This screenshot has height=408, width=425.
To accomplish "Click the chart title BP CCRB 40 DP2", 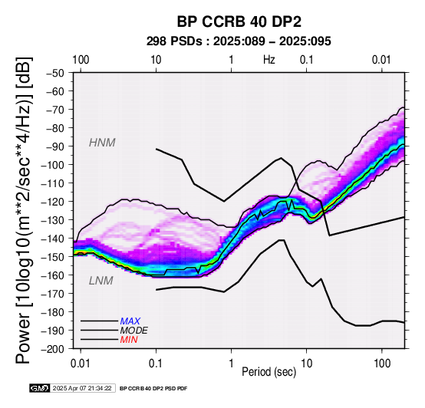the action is [x=239, y=21].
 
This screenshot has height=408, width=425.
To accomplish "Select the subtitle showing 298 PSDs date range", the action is [x=239, y=41].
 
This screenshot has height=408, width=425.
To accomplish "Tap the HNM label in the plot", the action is [x=102, y=143].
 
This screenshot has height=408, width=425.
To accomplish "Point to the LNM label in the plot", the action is [x=101, y=281].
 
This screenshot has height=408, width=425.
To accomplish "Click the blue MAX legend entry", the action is [x=130, y=321].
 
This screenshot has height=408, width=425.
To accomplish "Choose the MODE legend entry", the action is [x=134, y=331].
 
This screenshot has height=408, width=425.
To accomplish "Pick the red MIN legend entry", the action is [x=129, y=340].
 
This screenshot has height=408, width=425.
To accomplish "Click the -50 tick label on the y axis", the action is [x=54, y=73].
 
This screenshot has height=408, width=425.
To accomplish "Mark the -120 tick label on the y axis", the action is [x=53, y=202].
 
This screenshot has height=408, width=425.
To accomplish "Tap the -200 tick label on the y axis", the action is [x=53, y=349].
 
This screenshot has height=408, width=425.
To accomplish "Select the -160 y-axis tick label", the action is [x=53, y=275].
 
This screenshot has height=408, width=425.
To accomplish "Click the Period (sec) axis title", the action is [x=269, y=372].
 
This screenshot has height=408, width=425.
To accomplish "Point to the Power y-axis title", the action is [x=23, y=210].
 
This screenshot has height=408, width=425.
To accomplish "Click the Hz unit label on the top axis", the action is [x=269, y=60].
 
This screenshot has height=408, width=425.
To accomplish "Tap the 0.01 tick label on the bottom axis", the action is [x=81, y=364].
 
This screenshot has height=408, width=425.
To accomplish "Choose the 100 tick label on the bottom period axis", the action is [x=382, y=364].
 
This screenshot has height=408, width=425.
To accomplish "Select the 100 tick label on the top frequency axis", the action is [x=81, y=60].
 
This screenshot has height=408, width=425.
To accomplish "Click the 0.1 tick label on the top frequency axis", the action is [x=307, y=60].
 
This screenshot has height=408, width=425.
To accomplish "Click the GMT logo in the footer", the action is [x=40, y=388].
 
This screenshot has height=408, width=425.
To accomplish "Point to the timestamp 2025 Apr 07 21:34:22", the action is [x=82, y=388].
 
